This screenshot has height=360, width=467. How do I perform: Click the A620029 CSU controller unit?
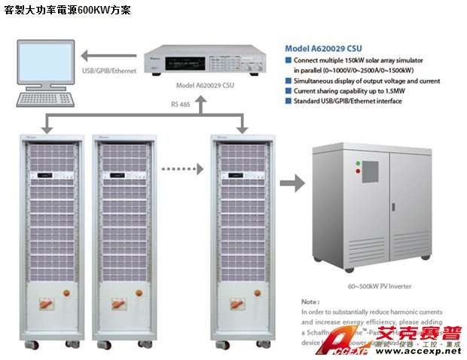200,56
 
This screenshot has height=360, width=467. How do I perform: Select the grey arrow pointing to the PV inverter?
291,182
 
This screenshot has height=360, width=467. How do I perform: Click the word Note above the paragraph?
310,301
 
